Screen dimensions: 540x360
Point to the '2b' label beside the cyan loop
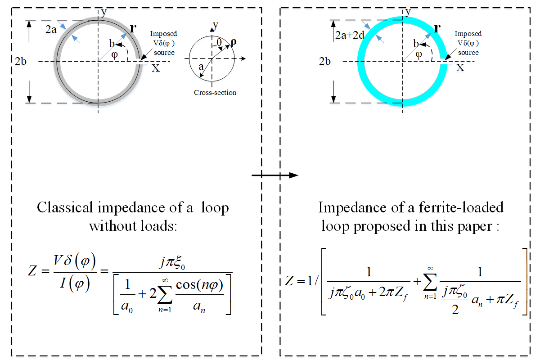point(325,61)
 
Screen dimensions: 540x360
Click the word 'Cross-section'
point(215,93)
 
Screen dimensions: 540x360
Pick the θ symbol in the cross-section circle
point(219,43)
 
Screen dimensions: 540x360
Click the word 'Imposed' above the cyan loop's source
point(468,34)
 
